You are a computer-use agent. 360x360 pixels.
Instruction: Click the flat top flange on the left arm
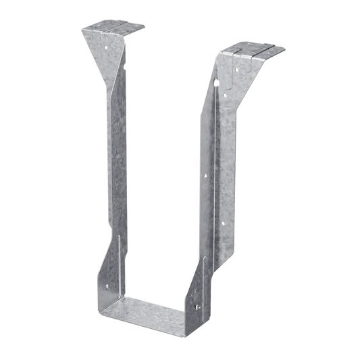pyautogui.click(x=113, y=29)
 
